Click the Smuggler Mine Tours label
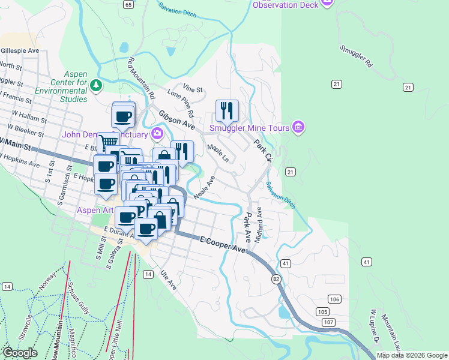click(x=249, y=127)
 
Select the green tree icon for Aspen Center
click(x=96, y=87)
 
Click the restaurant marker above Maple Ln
click(x=227, y=110)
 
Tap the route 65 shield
click(x=128, y=4)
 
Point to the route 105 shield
click(x=323, y=311)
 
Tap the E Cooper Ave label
click(x=224, y=244)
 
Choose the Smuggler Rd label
click(x=356, y=56)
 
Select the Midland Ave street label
click(x=259, y=225)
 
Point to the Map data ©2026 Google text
click(x=411, y=355)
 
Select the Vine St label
click(x=193, y=88)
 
